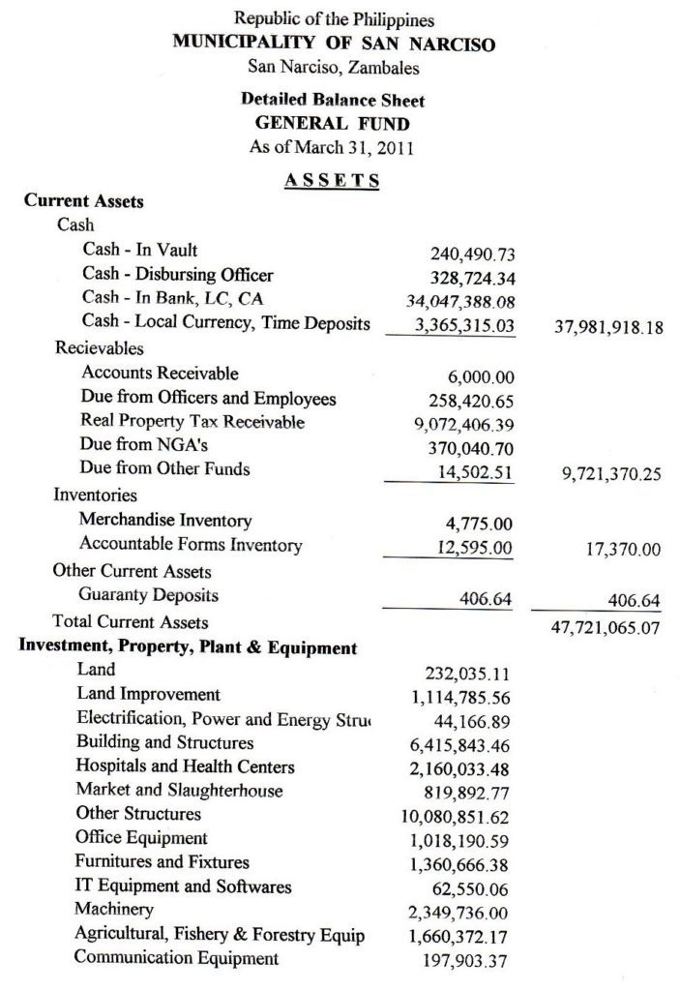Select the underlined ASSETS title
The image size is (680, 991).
(332, 180)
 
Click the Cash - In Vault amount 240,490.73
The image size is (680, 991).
(472, 255)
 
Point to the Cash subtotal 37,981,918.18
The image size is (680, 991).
(608, 327)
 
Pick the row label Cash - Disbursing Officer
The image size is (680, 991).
(178, 274)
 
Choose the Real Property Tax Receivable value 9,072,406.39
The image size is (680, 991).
(465, 423)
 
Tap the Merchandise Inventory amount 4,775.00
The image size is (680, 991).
(480, 524)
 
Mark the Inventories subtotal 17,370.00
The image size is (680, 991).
(623, 550)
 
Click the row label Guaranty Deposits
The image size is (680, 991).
(149, 595)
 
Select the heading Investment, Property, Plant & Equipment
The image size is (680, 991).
(189, 647)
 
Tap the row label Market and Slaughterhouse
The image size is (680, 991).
(180, 791)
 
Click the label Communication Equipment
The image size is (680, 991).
(177, 958)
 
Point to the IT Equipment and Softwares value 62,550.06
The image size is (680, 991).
(476, 888)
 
